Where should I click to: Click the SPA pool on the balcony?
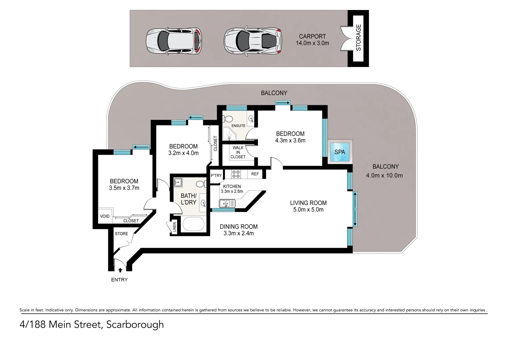click(x=340, y=152)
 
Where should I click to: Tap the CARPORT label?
click(x=312, y=36)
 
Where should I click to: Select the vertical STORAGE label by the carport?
click(x=358, y=38)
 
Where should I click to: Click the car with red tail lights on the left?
click(x=174, y=41)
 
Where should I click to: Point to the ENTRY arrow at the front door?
click(x=120, y=270)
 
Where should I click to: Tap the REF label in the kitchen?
click(x=255, y=174)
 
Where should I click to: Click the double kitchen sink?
click(x=227, y=203)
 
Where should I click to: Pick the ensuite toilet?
click(x=228, y=119)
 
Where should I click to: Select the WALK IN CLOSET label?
click(x=238, y=152)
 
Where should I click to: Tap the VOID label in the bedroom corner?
click(x=105, y=216)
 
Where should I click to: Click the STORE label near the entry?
click(x=121, y=234)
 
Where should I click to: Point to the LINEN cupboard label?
click(x=174, y=227)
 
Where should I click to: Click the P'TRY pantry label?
click(x=216, y=176)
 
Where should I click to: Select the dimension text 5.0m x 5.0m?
click(x=308, y=210)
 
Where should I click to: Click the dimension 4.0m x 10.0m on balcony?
click(x=384, y=176)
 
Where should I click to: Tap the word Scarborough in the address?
click(x=135, y=324)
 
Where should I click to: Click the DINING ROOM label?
click(x=239, y=227)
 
